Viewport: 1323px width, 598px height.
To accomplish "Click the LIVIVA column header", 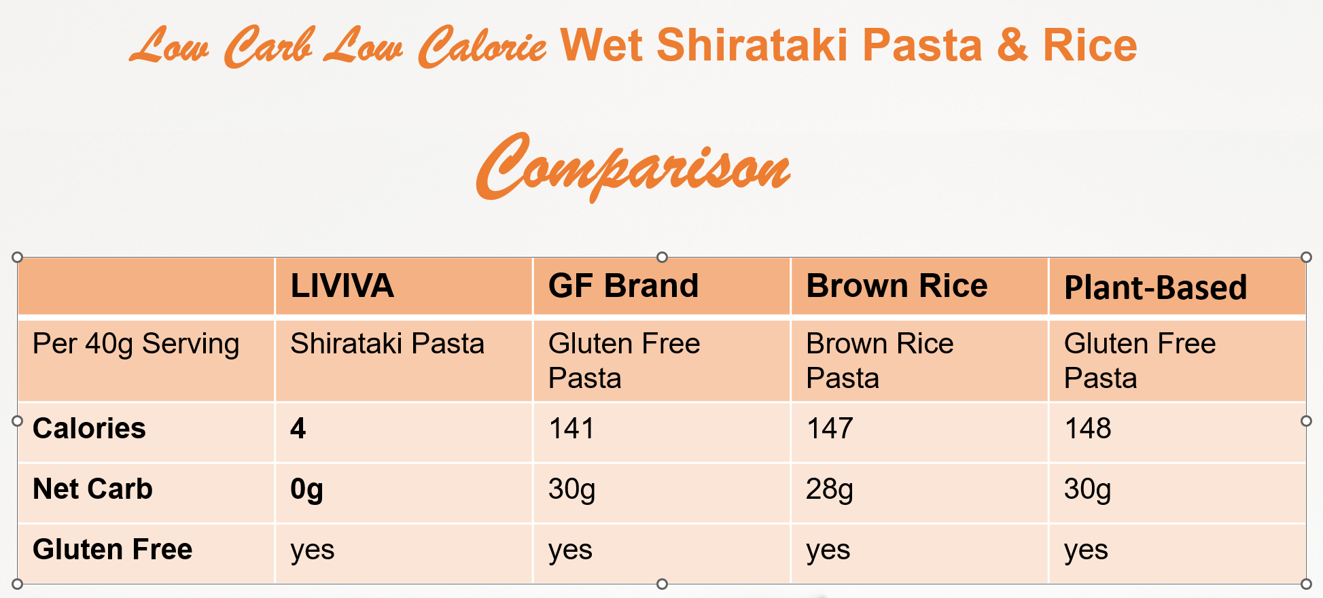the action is [342, 286].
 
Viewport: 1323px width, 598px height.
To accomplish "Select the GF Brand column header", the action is [623, 286].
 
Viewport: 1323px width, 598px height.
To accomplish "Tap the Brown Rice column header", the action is [897, 286].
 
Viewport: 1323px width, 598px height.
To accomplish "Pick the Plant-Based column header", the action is [1155, 287].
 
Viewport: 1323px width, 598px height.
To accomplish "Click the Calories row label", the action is [89, 429].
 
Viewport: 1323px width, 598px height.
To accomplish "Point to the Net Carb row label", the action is [92, 489].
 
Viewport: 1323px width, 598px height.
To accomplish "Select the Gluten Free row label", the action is [113, 549].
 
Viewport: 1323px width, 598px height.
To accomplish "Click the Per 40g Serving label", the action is [136, 345].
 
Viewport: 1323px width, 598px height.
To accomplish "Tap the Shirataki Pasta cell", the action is [387, 344].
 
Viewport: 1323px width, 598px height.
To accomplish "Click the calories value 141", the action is [571, 429].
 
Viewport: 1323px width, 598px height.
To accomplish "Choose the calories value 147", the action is [830, 429].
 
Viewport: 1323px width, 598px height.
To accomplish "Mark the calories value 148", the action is [1088, 429].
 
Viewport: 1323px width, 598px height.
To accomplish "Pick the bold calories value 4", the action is [298, 429].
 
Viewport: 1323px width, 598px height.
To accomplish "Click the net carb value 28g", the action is [830, 490].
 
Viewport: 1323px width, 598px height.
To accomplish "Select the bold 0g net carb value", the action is [306, 490].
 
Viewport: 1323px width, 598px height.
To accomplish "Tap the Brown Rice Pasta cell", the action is [880, 361].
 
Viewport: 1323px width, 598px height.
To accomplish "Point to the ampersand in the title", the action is [1012, 46].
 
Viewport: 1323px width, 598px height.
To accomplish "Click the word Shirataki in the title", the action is [752, 46].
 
